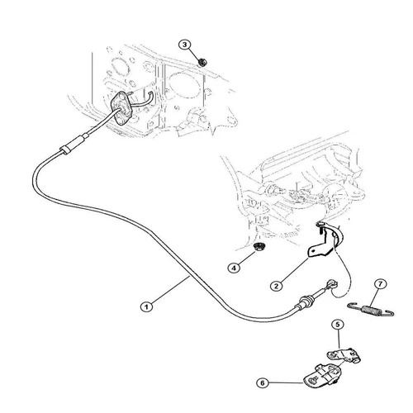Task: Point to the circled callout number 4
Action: (x=235, y=268)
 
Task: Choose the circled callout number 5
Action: (x=338, y=325)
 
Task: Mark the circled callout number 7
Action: (x=380, y=285)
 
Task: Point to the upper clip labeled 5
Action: (x=348, y=354)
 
